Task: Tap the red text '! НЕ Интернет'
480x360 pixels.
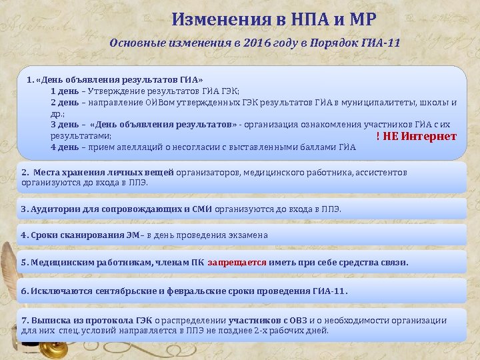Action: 416,136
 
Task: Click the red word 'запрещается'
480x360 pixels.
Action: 237,263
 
